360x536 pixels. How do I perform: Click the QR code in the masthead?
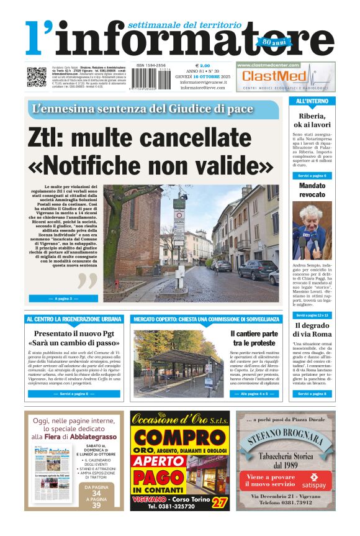[36, 77]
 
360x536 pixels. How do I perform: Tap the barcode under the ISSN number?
[151, 79]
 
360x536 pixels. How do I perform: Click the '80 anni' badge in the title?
[266, 42]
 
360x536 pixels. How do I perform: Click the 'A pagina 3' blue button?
[63, 299]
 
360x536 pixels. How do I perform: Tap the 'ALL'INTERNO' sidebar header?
[312, 101]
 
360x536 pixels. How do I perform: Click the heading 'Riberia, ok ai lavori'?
[312, 120]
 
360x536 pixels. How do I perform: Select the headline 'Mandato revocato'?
[312, 190]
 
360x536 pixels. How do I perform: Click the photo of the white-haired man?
[312, 230]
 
